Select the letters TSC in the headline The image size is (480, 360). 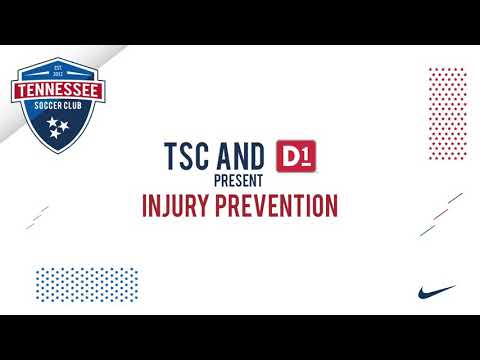point(187,156)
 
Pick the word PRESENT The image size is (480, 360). point(239,181)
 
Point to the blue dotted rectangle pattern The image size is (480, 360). point(81,284)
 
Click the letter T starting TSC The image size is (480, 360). point(171,156)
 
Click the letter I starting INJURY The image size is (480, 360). point(145,205)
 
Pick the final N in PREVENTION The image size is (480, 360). point(330,205)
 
